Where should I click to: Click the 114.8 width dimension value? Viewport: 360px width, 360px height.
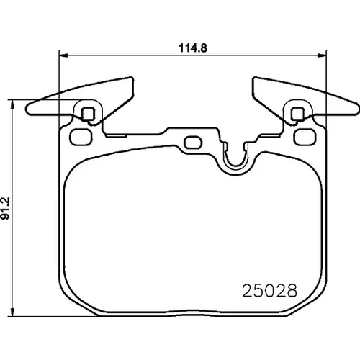193,48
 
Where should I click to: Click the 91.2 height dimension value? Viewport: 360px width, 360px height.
5,208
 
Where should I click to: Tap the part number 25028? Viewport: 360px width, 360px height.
269,290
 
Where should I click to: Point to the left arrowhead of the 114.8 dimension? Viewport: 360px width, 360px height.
63,55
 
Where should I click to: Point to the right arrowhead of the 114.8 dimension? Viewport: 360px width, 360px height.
322,55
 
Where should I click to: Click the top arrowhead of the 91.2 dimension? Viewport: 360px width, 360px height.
13,104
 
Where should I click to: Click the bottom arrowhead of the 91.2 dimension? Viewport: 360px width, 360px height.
13,312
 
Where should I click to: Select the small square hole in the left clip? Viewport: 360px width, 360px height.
88,114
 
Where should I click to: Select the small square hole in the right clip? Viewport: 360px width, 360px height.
297,114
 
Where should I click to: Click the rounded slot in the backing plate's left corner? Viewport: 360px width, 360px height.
81,137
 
